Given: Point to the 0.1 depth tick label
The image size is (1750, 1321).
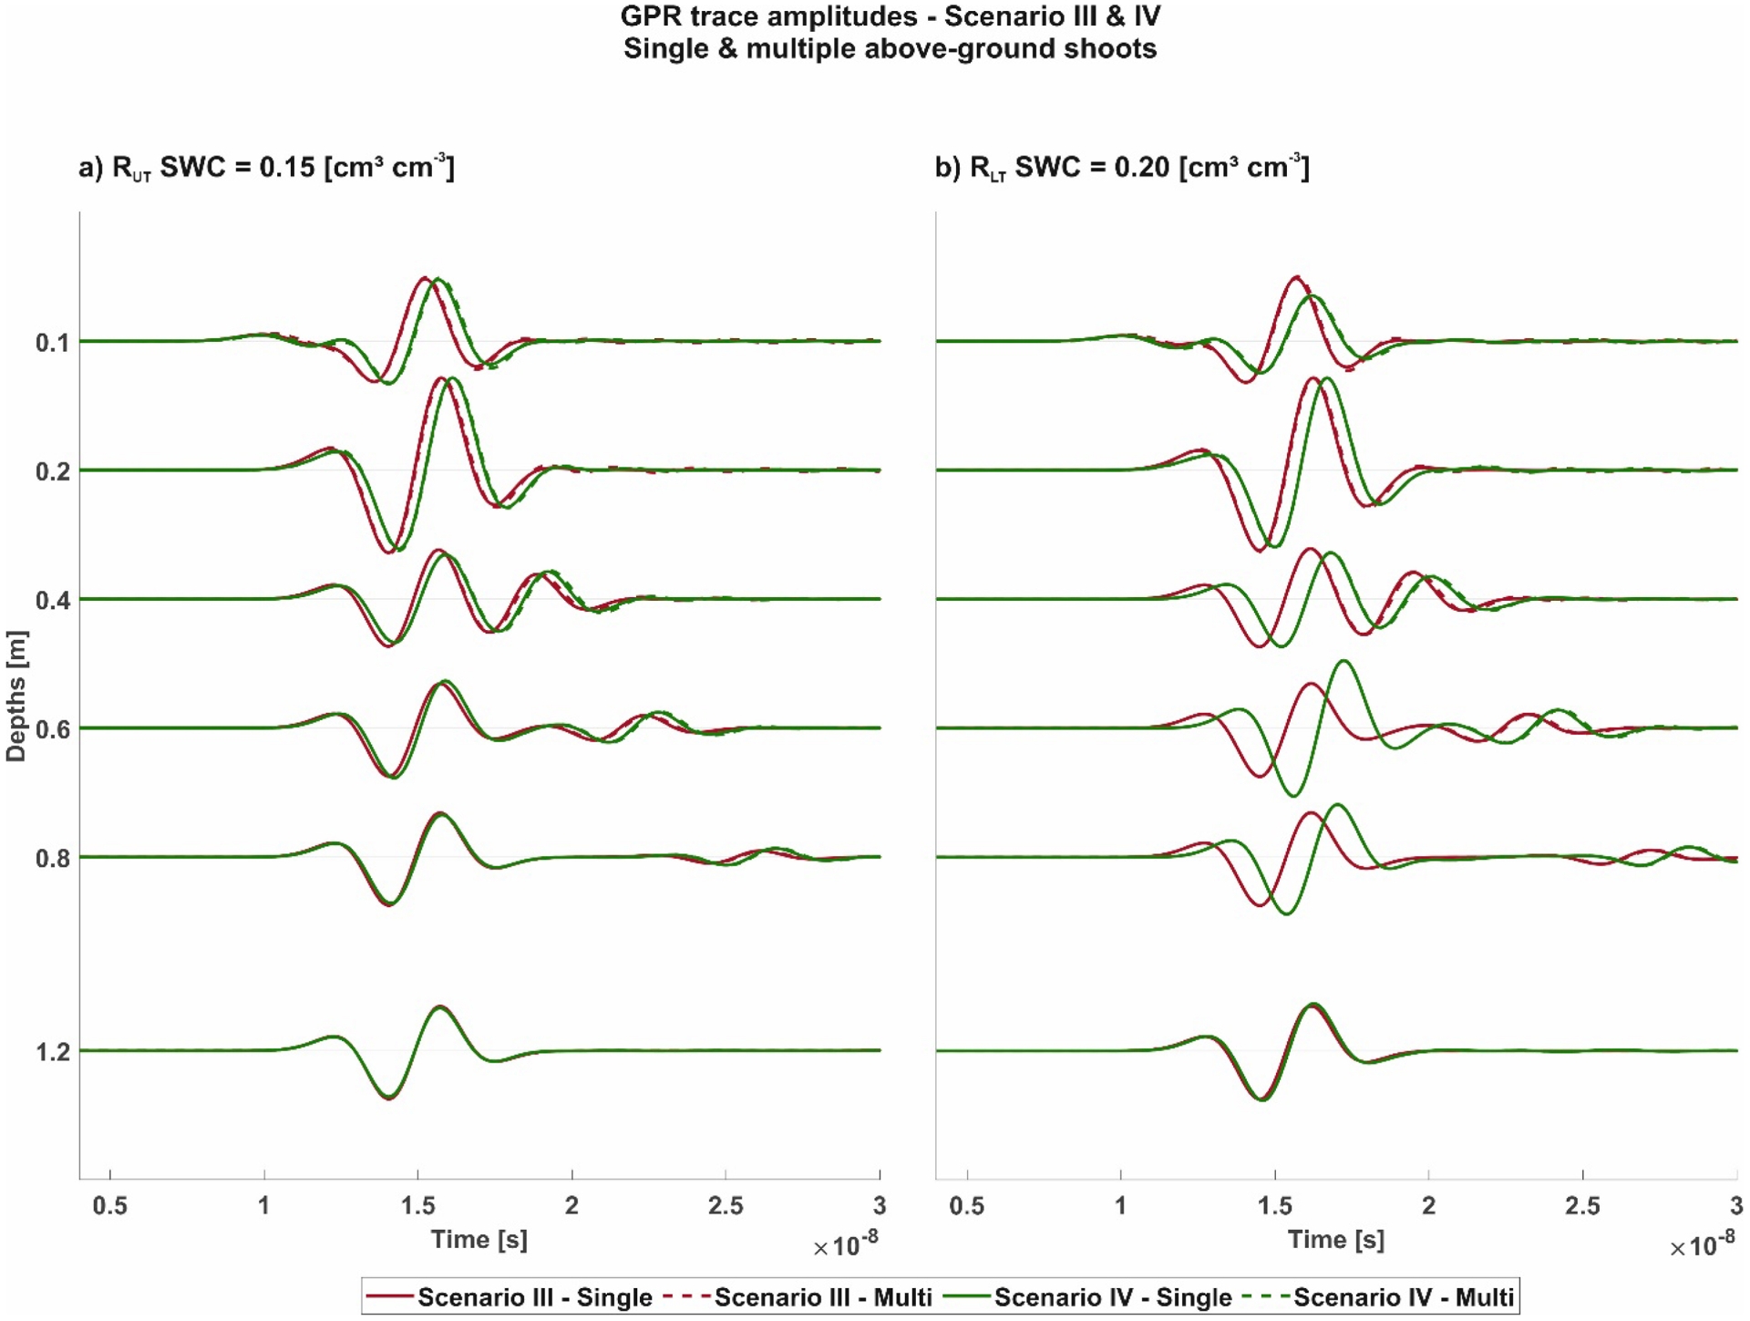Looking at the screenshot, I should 52,343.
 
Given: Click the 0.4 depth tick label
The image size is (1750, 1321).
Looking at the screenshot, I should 52,601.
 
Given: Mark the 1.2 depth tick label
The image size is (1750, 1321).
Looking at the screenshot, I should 52,1052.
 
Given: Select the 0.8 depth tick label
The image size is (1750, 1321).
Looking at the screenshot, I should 52,859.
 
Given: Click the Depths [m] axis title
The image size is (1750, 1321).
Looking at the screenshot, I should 16,696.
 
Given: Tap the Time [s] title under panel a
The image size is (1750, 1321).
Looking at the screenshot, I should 479,1239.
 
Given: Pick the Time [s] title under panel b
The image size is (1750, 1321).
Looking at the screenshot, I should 1335,1239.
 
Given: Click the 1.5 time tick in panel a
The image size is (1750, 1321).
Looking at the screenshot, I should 417,1205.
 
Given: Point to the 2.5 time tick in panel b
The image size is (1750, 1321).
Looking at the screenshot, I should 1582,1205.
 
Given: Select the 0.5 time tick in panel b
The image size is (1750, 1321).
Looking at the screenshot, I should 966,1205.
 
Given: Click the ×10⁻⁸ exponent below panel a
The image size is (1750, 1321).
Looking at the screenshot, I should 845,1245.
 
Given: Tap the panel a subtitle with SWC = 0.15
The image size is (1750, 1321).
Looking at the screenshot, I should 266,167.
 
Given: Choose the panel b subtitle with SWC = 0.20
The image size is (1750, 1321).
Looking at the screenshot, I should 1122,167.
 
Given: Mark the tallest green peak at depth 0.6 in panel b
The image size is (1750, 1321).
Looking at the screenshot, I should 1343,661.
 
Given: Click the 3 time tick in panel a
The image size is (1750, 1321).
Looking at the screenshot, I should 879,1205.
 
